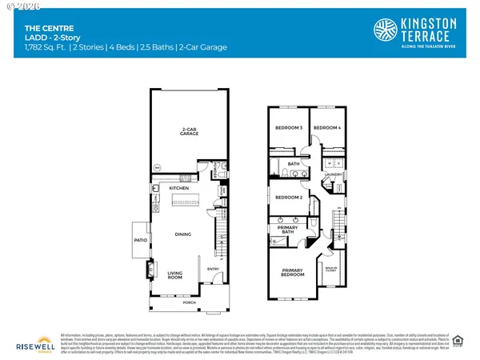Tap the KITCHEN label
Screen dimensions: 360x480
tap(178, 188)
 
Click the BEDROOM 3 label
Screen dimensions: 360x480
tap(288, 128)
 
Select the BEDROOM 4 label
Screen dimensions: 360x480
tap(326, 128)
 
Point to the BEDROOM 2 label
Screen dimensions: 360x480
tap(288, 197)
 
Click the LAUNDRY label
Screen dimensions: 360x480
tap(334, 174)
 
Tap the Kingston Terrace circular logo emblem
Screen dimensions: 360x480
tap(386, 30)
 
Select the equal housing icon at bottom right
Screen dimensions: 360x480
tap(458, 341)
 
